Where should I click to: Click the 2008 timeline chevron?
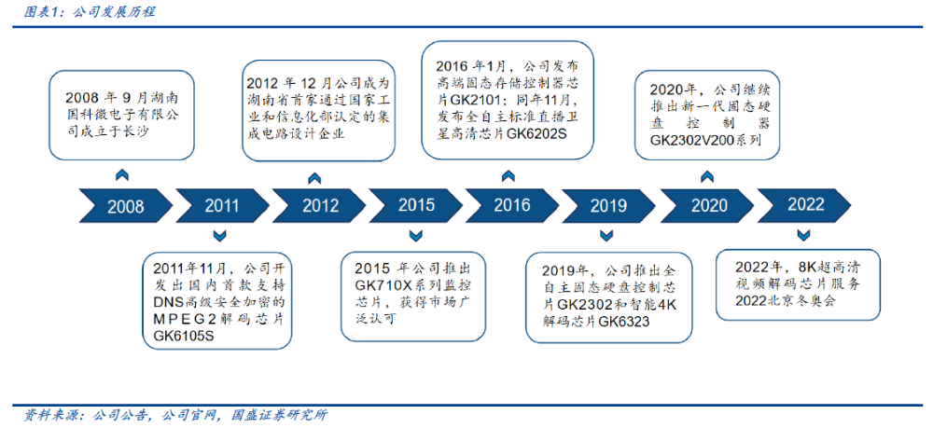126,205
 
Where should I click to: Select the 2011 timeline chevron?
222,205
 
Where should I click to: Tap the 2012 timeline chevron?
319,205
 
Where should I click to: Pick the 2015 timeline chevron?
416,205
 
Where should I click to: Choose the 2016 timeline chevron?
512,205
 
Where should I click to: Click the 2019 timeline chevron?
608,205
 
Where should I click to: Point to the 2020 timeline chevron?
708,205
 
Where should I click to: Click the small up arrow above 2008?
122,174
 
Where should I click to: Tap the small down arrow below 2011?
219,236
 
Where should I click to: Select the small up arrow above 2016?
508,174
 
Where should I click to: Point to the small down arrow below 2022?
802,236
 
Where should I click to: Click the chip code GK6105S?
183,337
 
